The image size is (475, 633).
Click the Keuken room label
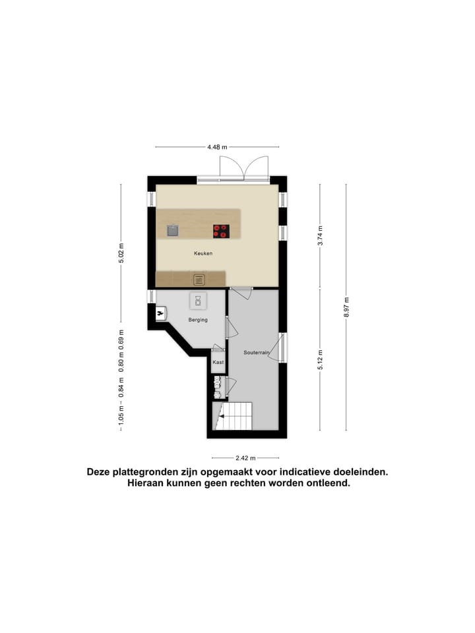tap(203, 253)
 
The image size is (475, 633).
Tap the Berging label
tap(198, 320)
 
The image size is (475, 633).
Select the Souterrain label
tap(256, 353)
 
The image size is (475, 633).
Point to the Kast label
tap(218, 363)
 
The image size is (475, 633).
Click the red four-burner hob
tap(221, 231)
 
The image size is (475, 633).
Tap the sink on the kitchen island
tap(173, 230)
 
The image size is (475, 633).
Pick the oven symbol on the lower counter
tap(199, 280)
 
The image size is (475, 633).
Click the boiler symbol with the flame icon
tap(160, 313)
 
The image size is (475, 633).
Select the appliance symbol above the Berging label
tap(199, 301)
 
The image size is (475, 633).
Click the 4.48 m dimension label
tap(217, 147)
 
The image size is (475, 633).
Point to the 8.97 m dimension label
tap(346, 307)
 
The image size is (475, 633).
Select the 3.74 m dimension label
tap(320, 235)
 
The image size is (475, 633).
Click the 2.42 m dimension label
tap(245, 458)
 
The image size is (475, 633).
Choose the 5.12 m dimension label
tap(320, 359)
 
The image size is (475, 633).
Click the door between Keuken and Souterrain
tap(241, 293)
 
